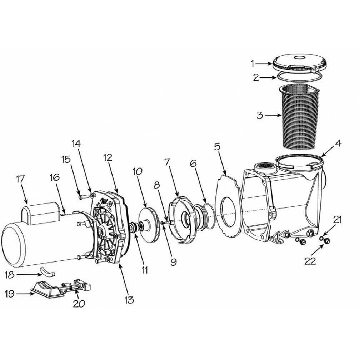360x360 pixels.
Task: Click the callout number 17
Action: tap(20, 179)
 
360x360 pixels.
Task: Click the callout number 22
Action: tap(310, 261)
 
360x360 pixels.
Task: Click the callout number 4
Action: tap(338, 144)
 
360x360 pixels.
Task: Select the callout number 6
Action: tap(193, 163)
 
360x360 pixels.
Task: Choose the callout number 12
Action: tap(107, 157)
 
